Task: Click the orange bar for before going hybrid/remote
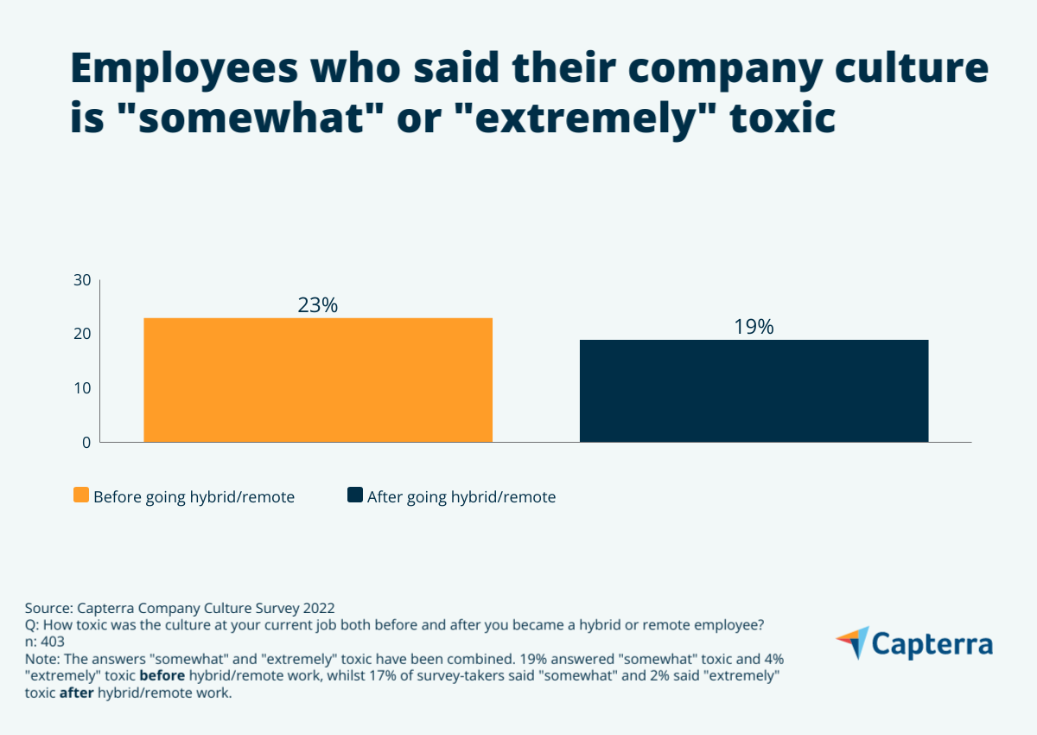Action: coord(318,380)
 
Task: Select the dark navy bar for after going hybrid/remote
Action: coord(754,391)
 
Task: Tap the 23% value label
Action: coord(317,305)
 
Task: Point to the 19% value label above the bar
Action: coord(754,327)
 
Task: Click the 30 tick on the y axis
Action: coord(82,280)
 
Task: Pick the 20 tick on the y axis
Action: coord(82,334)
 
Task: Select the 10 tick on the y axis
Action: coord(82,388)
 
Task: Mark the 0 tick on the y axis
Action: coord(86,442)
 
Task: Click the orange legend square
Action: coord(81,495)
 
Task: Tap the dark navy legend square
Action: coord(354,495)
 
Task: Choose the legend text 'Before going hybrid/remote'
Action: coord(194,497)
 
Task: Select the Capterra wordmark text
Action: coord(932,644)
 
